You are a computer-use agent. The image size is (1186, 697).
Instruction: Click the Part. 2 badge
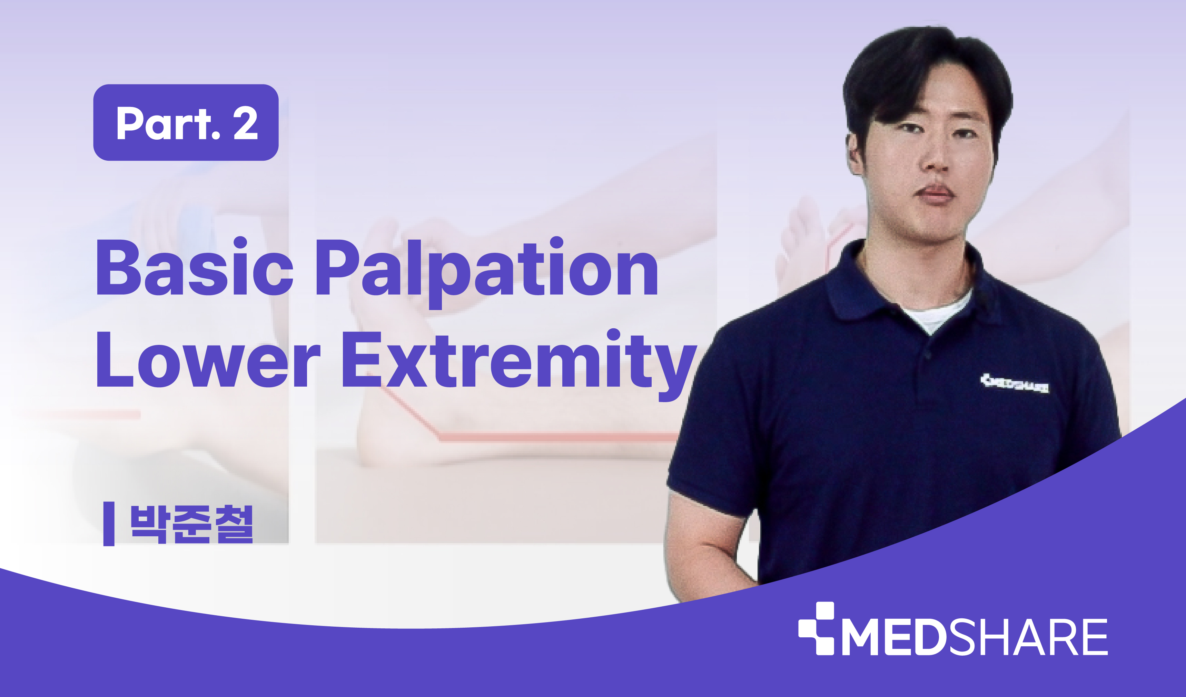(186, 122)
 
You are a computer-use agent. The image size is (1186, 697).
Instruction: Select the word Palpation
(487, 273)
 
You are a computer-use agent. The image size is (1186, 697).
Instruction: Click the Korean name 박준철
(191, 524)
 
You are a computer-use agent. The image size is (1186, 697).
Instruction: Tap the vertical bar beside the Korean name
(109, 524)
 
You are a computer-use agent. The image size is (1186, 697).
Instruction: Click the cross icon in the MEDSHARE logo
(816, 628)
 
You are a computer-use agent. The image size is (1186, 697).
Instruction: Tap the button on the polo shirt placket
(928, 354)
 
